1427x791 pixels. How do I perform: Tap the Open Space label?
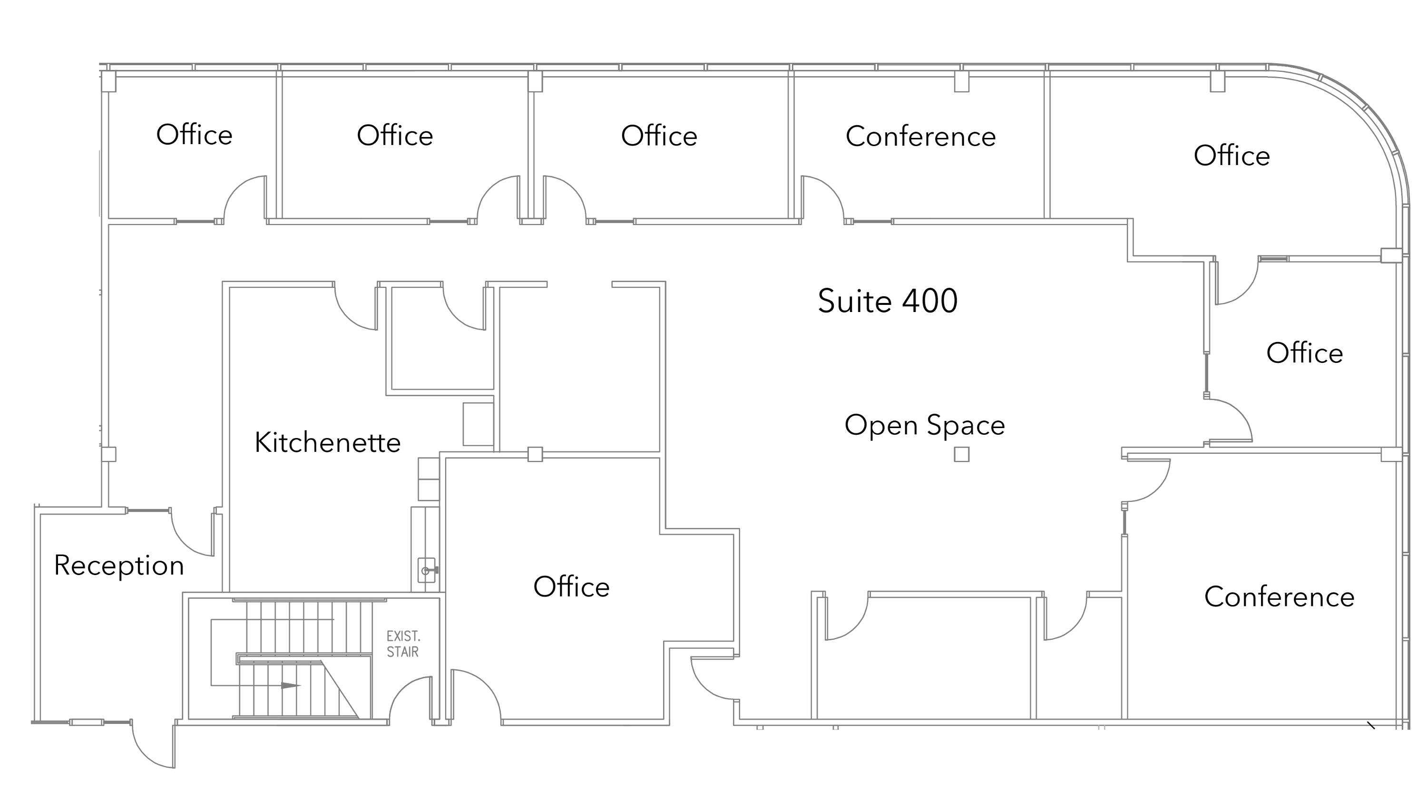pos(925,425)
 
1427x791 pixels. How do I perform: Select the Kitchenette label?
pos(327,442)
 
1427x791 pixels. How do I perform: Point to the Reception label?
pos(119,566)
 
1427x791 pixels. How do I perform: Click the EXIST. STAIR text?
pos(403,644)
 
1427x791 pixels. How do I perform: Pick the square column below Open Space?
pos(962,454)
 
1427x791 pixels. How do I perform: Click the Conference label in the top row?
pos(921,136)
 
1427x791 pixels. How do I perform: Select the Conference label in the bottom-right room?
pos(1280,596)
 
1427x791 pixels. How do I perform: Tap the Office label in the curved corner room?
pos(1232,155)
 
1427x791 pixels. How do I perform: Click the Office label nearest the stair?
pos(572,586)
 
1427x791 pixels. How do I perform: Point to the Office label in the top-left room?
pos(195,135)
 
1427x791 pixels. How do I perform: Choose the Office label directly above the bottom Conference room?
pos(1305,353)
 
